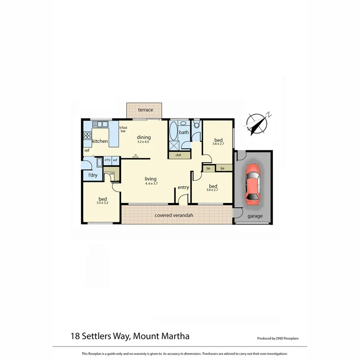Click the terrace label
(x=146, y=110)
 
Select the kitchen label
(x=100, y=141)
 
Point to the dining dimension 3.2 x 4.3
(x=143, y=142)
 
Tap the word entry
(x=183, y=188)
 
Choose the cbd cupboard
(x=178, y=155)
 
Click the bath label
(x=184, y=132)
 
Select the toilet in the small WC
(x=197, y=124)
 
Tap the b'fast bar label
(x=123, y=129)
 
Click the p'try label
(x=107, y=160)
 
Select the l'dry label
(x=93, y=175)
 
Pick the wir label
(x=112, y=174)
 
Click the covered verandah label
(x=174, y=215)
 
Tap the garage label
(x=255, y=216)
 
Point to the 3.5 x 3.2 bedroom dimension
(x=102, y=202)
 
